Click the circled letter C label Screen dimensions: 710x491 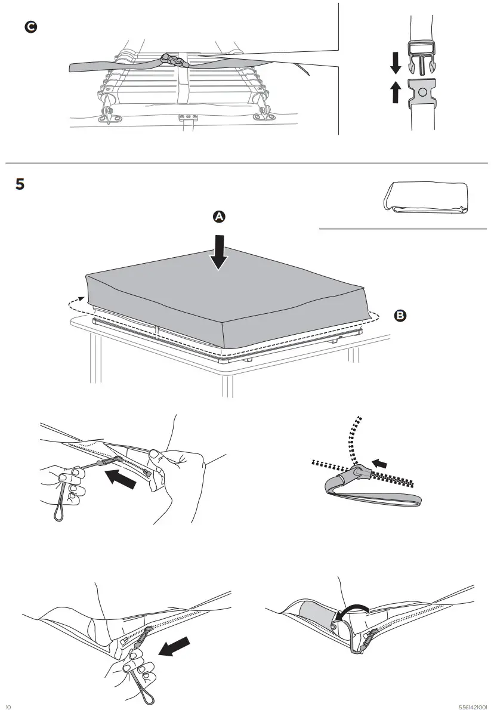[x=29, y=27]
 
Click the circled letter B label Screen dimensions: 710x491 [x=400, y=315]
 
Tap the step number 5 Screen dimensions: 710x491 [x=20, y=184]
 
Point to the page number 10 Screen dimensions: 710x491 [x=8, y=706]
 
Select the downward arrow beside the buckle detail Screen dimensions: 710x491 [x=394, y=62]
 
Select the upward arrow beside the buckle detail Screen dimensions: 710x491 [x=394, y=92]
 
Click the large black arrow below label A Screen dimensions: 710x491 [x=219, y=253]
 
